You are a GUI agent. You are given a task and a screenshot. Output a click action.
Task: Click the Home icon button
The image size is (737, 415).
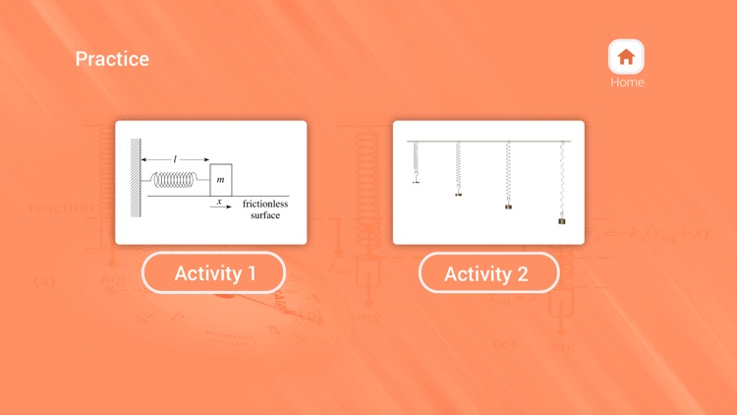[626, 56]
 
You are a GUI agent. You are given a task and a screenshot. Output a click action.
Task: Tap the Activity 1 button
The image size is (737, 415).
[214, 273]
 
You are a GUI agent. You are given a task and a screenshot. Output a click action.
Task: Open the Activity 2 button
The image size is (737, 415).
[488, 273]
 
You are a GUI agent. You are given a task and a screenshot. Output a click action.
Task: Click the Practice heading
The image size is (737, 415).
[112, 59]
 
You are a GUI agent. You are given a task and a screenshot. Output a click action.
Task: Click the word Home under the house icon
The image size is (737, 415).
[627, 83]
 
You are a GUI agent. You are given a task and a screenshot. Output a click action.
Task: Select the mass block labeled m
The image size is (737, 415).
[221, 180]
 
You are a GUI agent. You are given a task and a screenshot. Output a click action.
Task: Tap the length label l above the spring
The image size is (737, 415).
[176, 158]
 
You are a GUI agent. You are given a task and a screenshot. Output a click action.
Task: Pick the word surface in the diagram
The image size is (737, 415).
[264, 214]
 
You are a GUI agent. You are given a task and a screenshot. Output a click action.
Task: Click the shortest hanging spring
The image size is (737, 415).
[417, 159]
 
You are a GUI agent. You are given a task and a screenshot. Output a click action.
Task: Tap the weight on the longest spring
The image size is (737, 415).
[562, 221]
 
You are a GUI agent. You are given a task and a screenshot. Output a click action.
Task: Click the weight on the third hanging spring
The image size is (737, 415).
[508, 207]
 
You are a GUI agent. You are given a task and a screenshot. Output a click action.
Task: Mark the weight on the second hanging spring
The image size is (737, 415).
[459, 195]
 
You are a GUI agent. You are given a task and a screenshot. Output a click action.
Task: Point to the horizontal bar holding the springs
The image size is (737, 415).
[488, 142]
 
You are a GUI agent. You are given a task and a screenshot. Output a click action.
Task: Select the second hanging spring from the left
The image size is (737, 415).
[459, 167]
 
